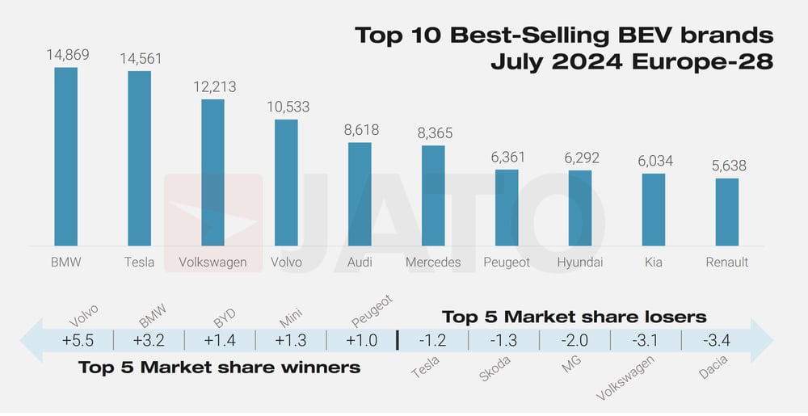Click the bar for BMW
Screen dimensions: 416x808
[66, 157]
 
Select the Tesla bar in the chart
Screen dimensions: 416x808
[139, 158]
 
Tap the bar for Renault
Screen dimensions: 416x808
[727, 212]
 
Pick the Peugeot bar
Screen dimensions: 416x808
[507, 208]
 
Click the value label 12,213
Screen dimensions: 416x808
[213, 86]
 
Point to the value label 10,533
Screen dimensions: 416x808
[287, 107]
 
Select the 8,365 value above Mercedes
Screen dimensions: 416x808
[434, 132]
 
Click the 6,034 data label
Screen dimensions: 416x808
[654, 161]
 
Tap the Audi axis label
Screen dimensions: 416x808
[360, 263]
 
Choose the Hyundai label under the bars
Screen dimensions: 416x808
[580, 263]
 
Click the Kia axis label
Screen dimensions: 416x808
[654, 263]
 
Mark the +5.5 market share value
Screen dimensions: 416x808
[78, 340]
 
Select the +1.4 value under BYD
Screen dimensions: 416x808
[219, 340]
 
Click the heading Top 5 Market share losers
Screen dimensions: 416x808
[574, 316]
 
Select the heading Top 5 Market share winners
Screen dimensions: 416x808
[219, 368]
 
